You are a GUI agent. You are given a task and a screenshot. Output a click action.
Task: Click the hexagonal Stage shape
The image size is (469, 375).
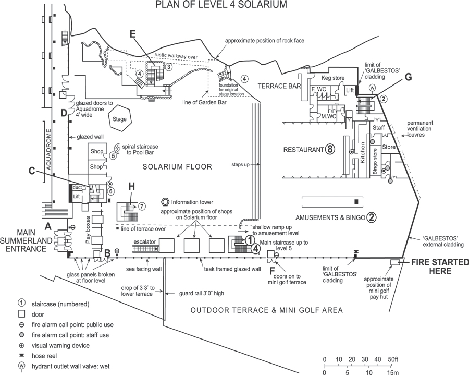(119, 118)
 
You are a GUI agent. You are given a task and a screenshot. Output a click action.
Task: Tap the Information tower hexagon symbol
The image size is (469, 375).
(164, 202)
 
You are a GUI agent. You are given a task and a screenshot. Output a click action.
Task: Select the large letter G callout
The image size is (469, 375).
(408, 77)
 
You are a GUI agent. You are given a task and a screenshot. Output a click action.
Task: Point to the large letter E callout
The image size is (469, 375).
(133, 34)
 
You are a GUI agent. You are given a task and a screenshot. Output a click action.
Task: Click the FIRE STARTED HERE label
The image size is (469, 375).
(440, 267)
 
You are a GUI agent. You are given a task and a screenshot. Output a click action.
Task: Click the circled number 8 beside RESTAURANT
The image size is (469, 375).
(329, 149)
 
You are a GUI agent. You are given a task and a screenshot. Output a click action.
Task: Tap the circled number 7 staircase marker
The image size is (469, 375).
(142, 206)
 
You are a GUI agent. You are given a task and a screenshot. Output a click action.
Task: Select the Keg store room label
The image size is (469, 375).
(333, 78)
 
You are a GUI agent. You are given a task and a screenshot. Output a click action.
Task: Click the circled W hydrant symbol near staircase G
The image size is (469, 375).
(373, 88)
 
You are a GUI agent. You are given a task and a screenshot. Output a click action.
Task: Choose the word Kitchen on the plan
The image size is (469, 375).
(363, 152)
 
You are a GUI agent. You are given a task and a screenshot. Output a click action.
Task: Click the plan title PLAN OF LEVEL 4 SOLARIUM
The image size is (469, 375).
(221, 5)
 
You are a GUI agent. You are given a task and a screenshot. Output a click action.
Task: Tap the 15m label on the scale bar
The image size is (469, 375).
(392, 372)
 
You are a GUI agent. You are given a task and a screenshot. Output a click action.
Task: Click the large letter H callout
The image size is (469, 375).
(132, 186)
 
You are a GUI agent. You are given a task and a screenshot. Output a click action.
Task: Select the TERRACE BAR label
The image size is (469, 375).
(279, 86)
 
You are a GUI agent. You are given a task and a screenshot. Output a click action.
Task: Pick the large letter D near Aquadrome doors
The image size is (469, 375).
(64, 113)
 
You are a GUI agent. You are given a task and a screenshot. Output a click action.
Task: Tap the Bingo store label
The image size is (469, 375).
(375, 162)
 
